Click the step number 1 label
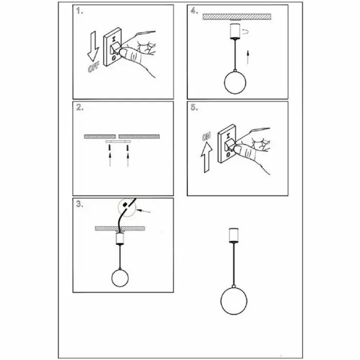click(79, 11)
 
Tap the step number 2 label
click(80, 107)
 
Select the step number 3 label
click(80, 204)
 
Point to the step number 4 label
click(194, 11)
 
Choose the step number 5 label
click(194, 107)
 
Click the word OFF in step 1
click(94, 67)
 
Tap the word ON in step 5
click(206, 137)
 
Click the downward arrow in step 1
click(93, 46)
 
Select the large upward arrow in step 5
click(207, 157)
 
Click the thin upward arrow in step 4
click(247, 58)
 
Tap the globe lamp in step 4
click(235, 82)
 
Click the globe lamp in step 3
click(120, 278)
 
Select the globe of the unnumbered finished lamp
click(233, 301)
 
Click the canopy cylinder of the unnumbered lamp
click(233, 235)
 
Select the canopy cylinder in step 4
click(235, 30)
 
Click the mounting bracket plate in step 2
click(118, 141)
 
